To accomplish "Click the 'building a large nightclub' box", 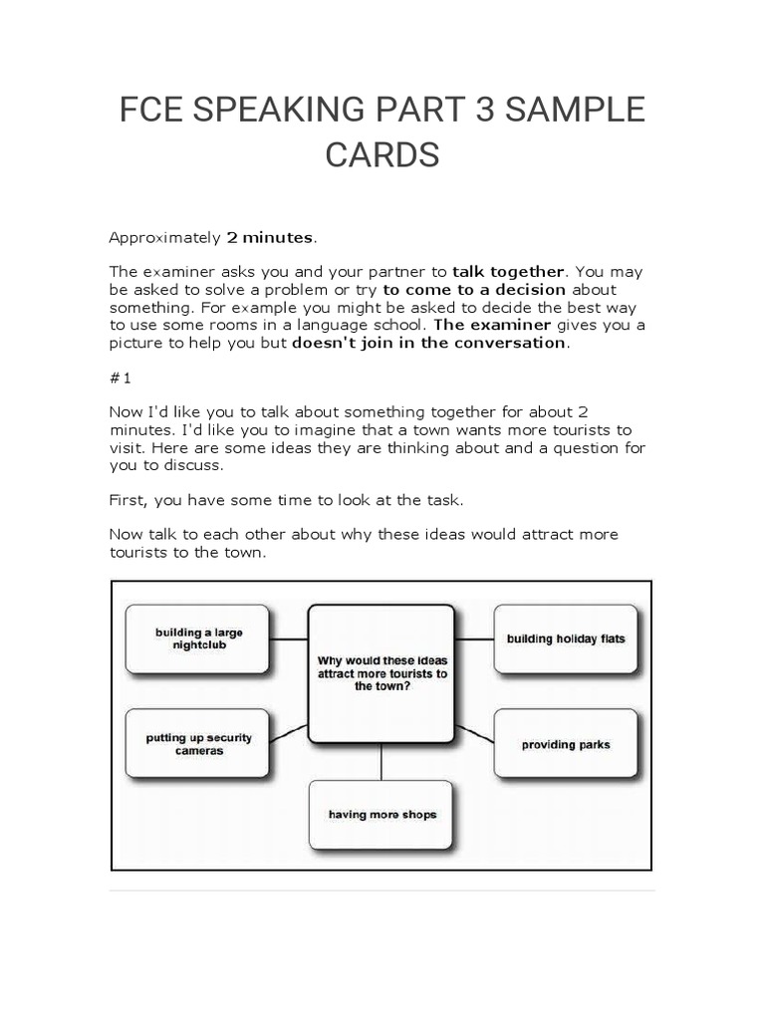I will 198,638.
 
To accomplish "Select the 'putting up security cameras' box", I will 198,744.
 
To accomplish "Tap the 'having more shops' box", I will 382,815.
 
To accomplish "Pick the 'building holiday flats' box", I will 566,638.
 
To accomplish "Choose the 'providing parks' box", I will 566,744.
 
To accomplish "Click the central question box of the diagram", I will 382,673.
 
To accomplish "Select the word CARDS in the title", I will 382,155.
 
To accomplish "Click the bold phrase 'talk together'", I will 509,271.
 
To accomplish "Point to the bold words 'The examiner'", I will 492,325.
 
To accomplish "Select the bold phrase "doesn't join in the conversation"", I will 428,343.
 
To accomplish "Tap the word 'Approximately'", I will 164,237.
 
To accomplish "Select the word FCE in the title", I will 150,112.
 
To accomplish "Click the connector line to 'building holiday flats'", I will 475,639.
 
